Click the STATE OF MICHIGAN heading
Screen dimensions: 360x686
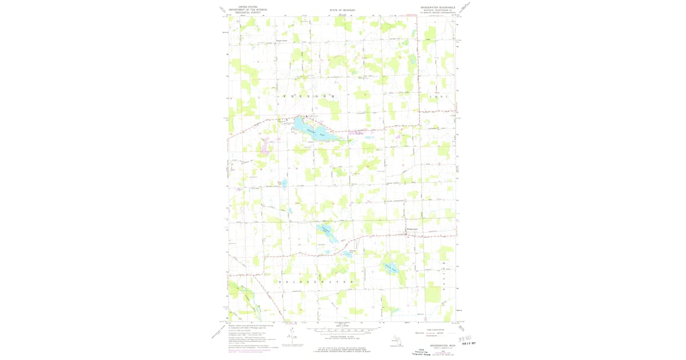(342, 10)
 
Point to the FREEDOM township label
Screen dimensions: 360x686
(308, 97)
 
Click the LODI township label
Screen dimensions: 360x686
(442, 97)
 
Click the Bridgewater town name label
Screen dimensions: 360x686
(412, 230)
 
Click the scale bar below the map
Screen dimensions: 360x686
(342, 330)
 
